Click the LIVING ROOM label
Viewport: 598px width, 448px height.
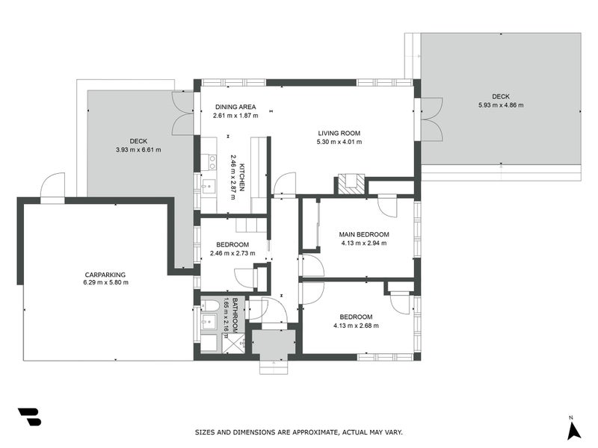pos(339,133)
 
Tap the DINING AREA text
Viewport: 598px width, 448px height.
pos(235,107)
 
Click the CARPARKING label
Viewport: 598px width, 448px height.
pos(105,274)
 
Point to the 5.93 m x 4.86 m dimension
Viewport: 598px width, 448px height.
pos(501,105)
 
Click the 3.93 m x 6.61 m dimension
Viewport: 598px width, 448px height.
pos(138,149)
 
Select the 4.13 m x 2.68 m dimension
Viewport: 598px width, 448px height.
pos(357,326)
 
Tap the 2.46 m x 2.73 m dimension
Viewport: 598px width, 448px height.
pos(232,254)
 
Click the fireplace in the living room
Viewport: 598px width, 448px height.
pos(351,184)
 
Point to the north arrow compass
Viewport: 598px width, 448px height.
pos(573,429)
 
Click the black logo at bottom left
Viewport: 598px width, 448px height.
pos(29,417)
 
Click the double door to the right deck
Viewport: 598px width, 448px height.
pos(430,119)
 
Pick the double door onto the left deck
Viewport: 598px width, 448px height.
pos(184,113)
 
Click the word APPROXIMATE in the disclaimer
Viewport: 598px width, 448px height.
pos(318,432)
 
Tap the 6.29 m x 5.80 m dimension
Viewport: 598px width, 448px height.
pos(105,283)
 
